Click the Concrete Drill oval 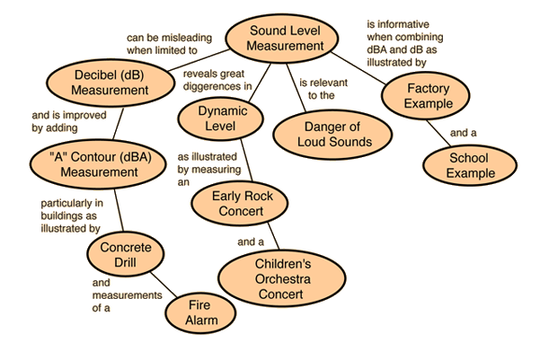[126, 254]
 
